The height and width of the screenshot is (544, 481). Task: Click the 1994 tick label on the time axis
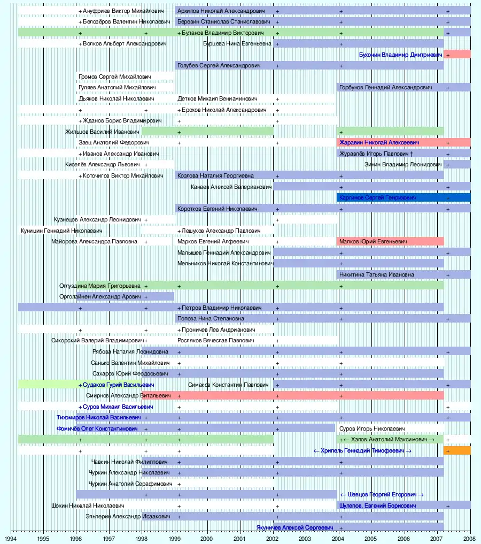[11, 539]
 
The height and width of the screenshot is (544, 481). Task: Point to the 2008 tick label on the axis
[470, 539]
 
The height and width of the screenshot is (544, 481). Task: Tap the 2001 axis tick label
[240, 539]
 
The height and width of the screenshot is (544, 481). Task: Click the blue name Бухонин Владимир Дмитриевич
[400, 55]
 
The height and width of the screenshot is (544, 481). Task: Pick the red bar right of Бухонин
[457, 55]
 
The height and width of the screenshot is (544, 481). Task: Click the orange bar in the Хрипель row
[457, 451]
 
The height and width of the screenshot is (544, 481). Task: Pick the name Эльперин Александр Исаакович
[128, 517]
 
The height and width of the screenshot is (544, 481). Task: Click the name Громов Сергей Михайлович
[114, 77]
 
